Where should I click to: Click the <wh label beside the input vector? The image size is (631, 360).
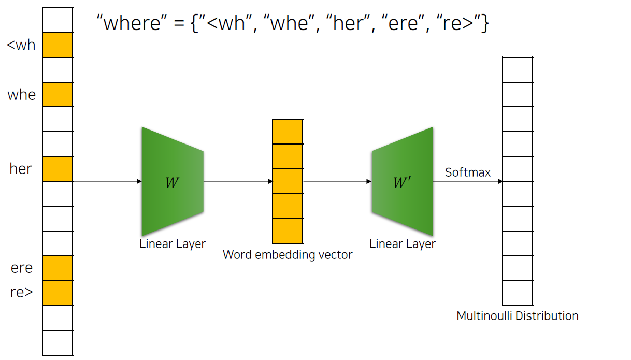point(21,45)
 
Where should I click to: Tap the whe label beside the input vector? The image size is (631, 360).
point(22,95)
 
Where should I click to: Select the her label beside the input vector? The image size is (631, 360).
point(21,169)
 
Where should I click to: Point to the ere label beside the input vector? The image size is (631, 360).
point(22,268)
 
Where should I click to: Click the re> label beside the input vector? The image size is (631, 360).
point(22,292)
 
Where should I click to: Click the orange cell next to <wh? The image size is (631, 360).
point(58,45)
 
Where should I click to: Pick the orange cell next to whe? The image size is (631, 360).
point(58,95)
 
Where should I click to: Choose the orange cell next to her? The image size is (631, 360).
point(58,169)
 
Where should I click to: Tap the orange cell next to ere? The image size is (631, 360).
point(58,268)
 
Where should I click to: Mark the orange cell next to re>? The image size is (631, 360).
point(58,293)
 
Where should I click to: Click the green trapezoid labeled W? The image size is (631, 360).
point(173,181)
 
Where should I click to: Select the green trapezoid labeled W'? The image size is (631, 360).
point(403,181)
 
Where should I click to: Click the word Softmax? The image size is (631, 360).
point(468,172)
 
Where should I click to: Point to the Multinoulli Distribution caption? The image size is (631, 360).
point(518,315)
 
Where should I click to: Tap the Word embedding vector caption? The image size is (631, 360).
point(288,255)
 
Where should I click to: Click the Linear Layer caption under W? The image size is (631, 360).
point(173,244)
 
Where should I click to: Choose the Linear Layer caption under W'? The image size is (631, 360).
point(403,244)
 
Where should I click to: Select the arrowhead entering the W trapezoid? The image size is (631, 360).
point(139,181)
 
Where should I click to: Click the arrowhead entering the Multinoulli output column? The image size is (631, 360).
point(500,181)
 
